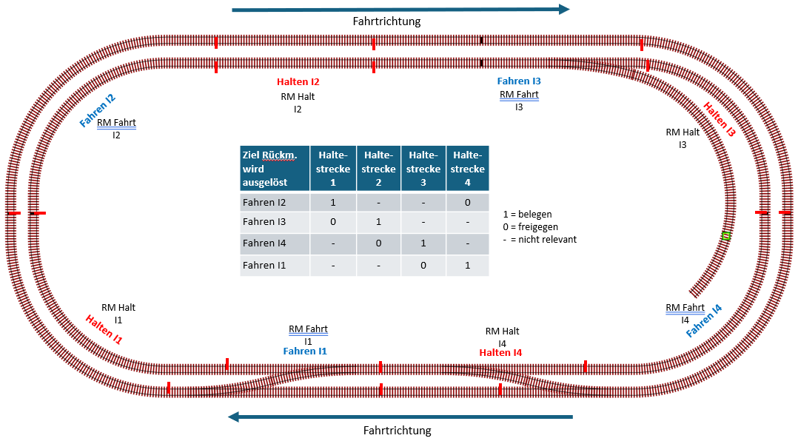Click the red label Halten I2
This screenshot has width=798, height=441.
tap(298, 82)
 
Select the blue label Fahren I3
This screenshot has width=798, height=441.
tap(519, 81)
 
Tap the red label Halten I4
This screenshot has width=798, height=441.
tap(500, 352)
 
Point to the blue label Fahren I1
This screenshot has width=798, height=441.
tap(305, 351)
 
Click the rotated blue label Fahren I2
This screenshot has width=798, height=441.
tap(97, 111)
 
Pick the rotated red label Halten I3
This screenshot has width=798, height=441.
tap(719, 120)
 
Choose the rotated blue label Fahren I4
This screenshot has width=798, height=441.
tap(704, 321)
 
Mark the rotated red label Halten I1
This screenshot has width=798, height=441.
tap(104, 329)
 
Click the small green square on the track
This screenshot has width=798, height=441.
tap(726, 236)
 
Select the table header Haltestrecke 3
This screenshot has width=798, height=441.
tap(423, 169)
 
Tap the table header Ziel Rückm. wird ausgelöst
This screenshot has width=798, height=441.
tap(269, 169)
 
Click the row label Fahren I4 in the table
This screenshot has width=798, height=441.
tap(264, 243)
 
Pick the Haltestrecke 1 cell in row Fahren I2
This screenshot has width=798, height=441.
tap(333, 203)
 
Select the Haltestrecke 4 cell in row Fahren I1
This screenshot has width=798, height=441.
tap(467, 265)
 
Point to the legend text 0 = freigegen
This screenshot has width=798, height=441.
tap(530, 227)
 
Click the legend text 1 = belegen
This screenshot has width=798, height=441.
tap(527, 214)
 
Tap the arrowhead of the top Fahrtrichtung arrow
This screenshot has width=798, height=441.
tap(564, 9)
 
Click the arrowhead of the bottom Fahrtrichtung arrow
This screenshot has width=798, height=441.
tap(233, 417)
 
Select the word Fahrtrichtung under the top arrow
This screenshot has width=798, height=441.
tap(386, 21)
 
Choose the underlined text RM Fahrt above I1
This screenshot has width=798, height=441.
tap(308, 329)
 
